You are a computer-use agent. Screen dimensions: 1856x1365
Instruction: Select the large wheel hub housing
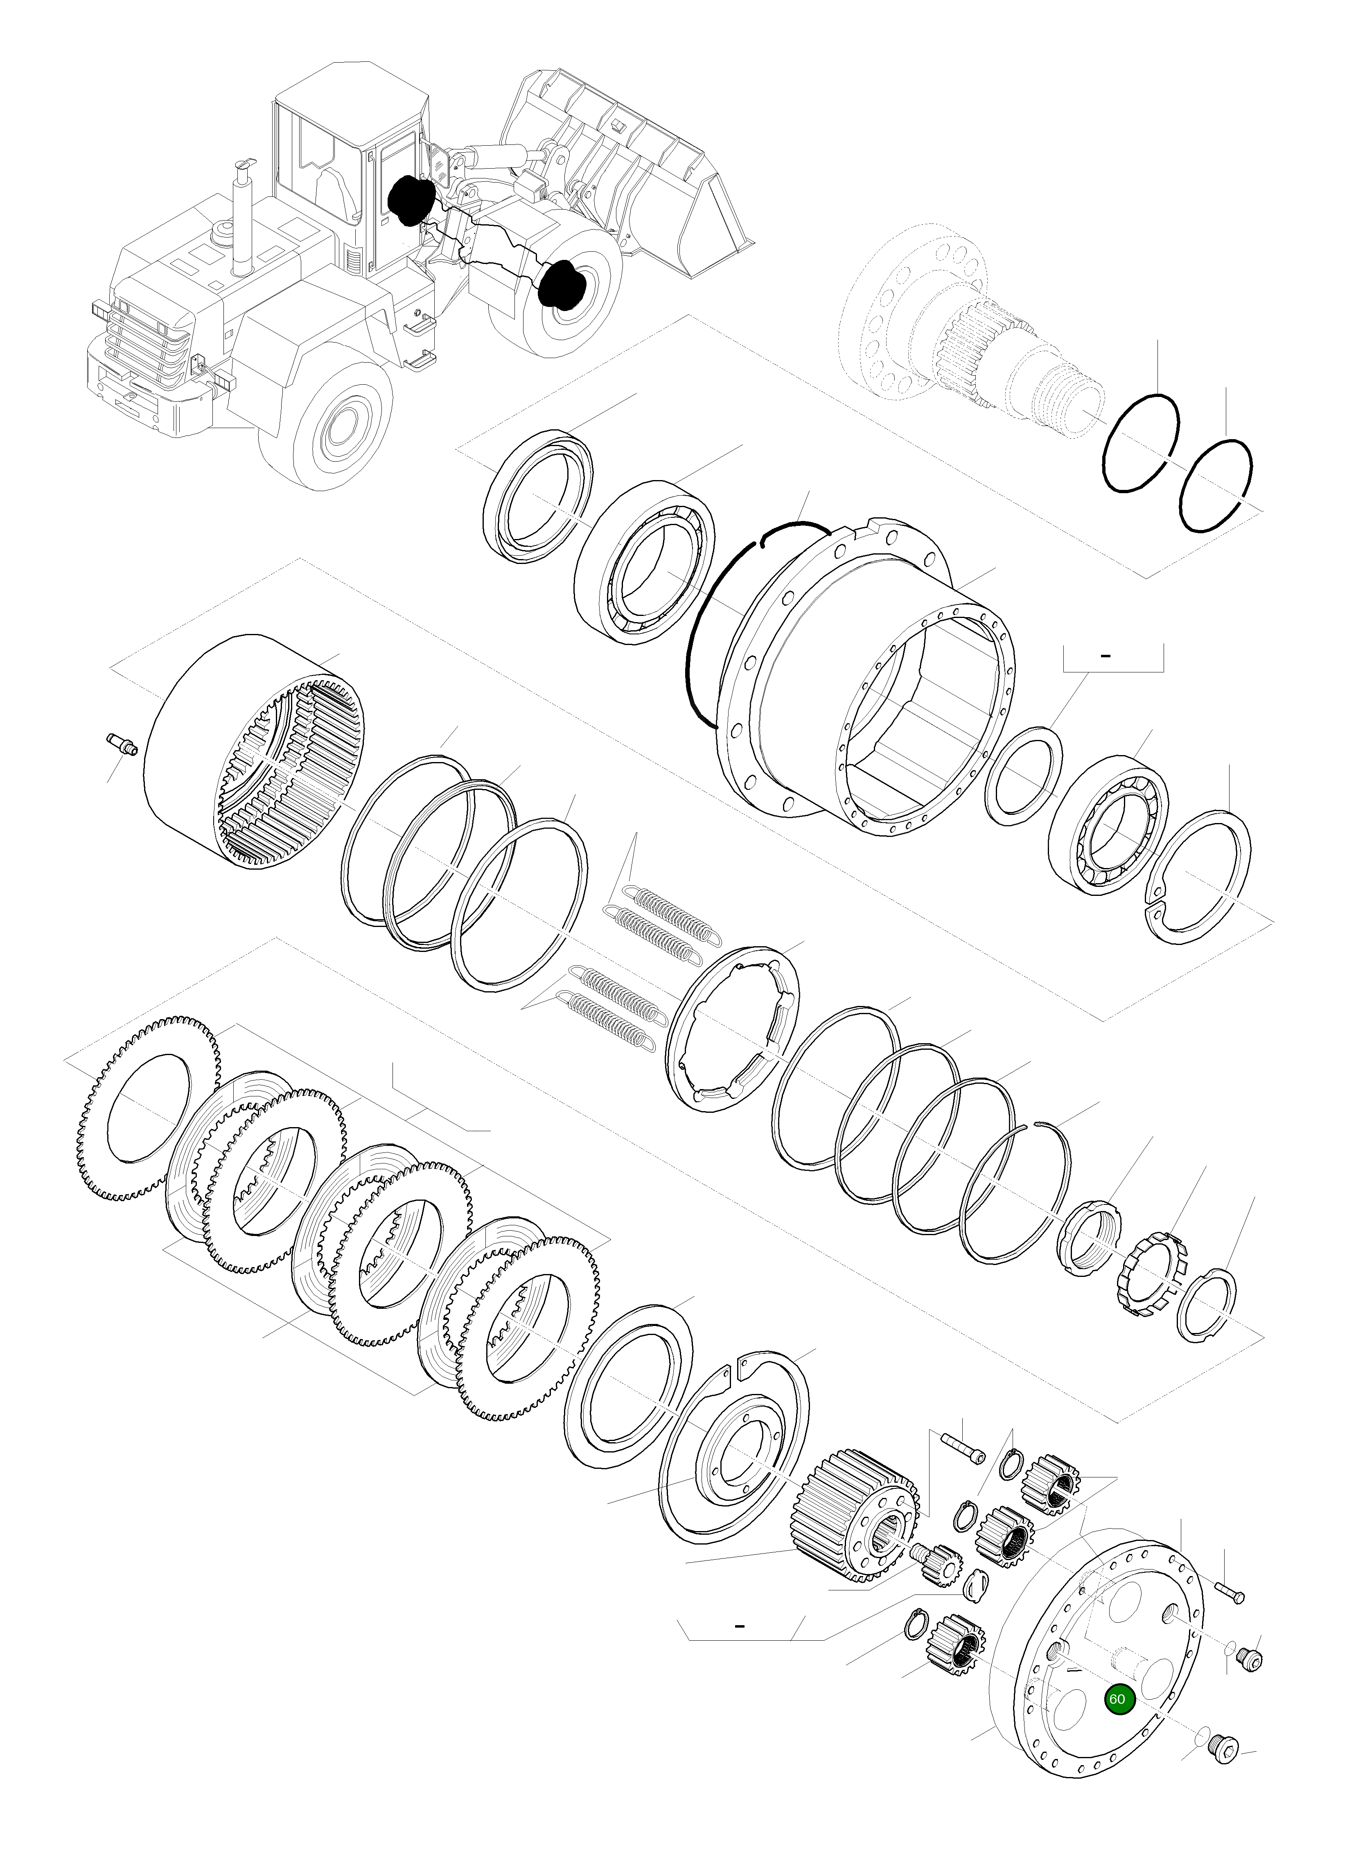[868, 677]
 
